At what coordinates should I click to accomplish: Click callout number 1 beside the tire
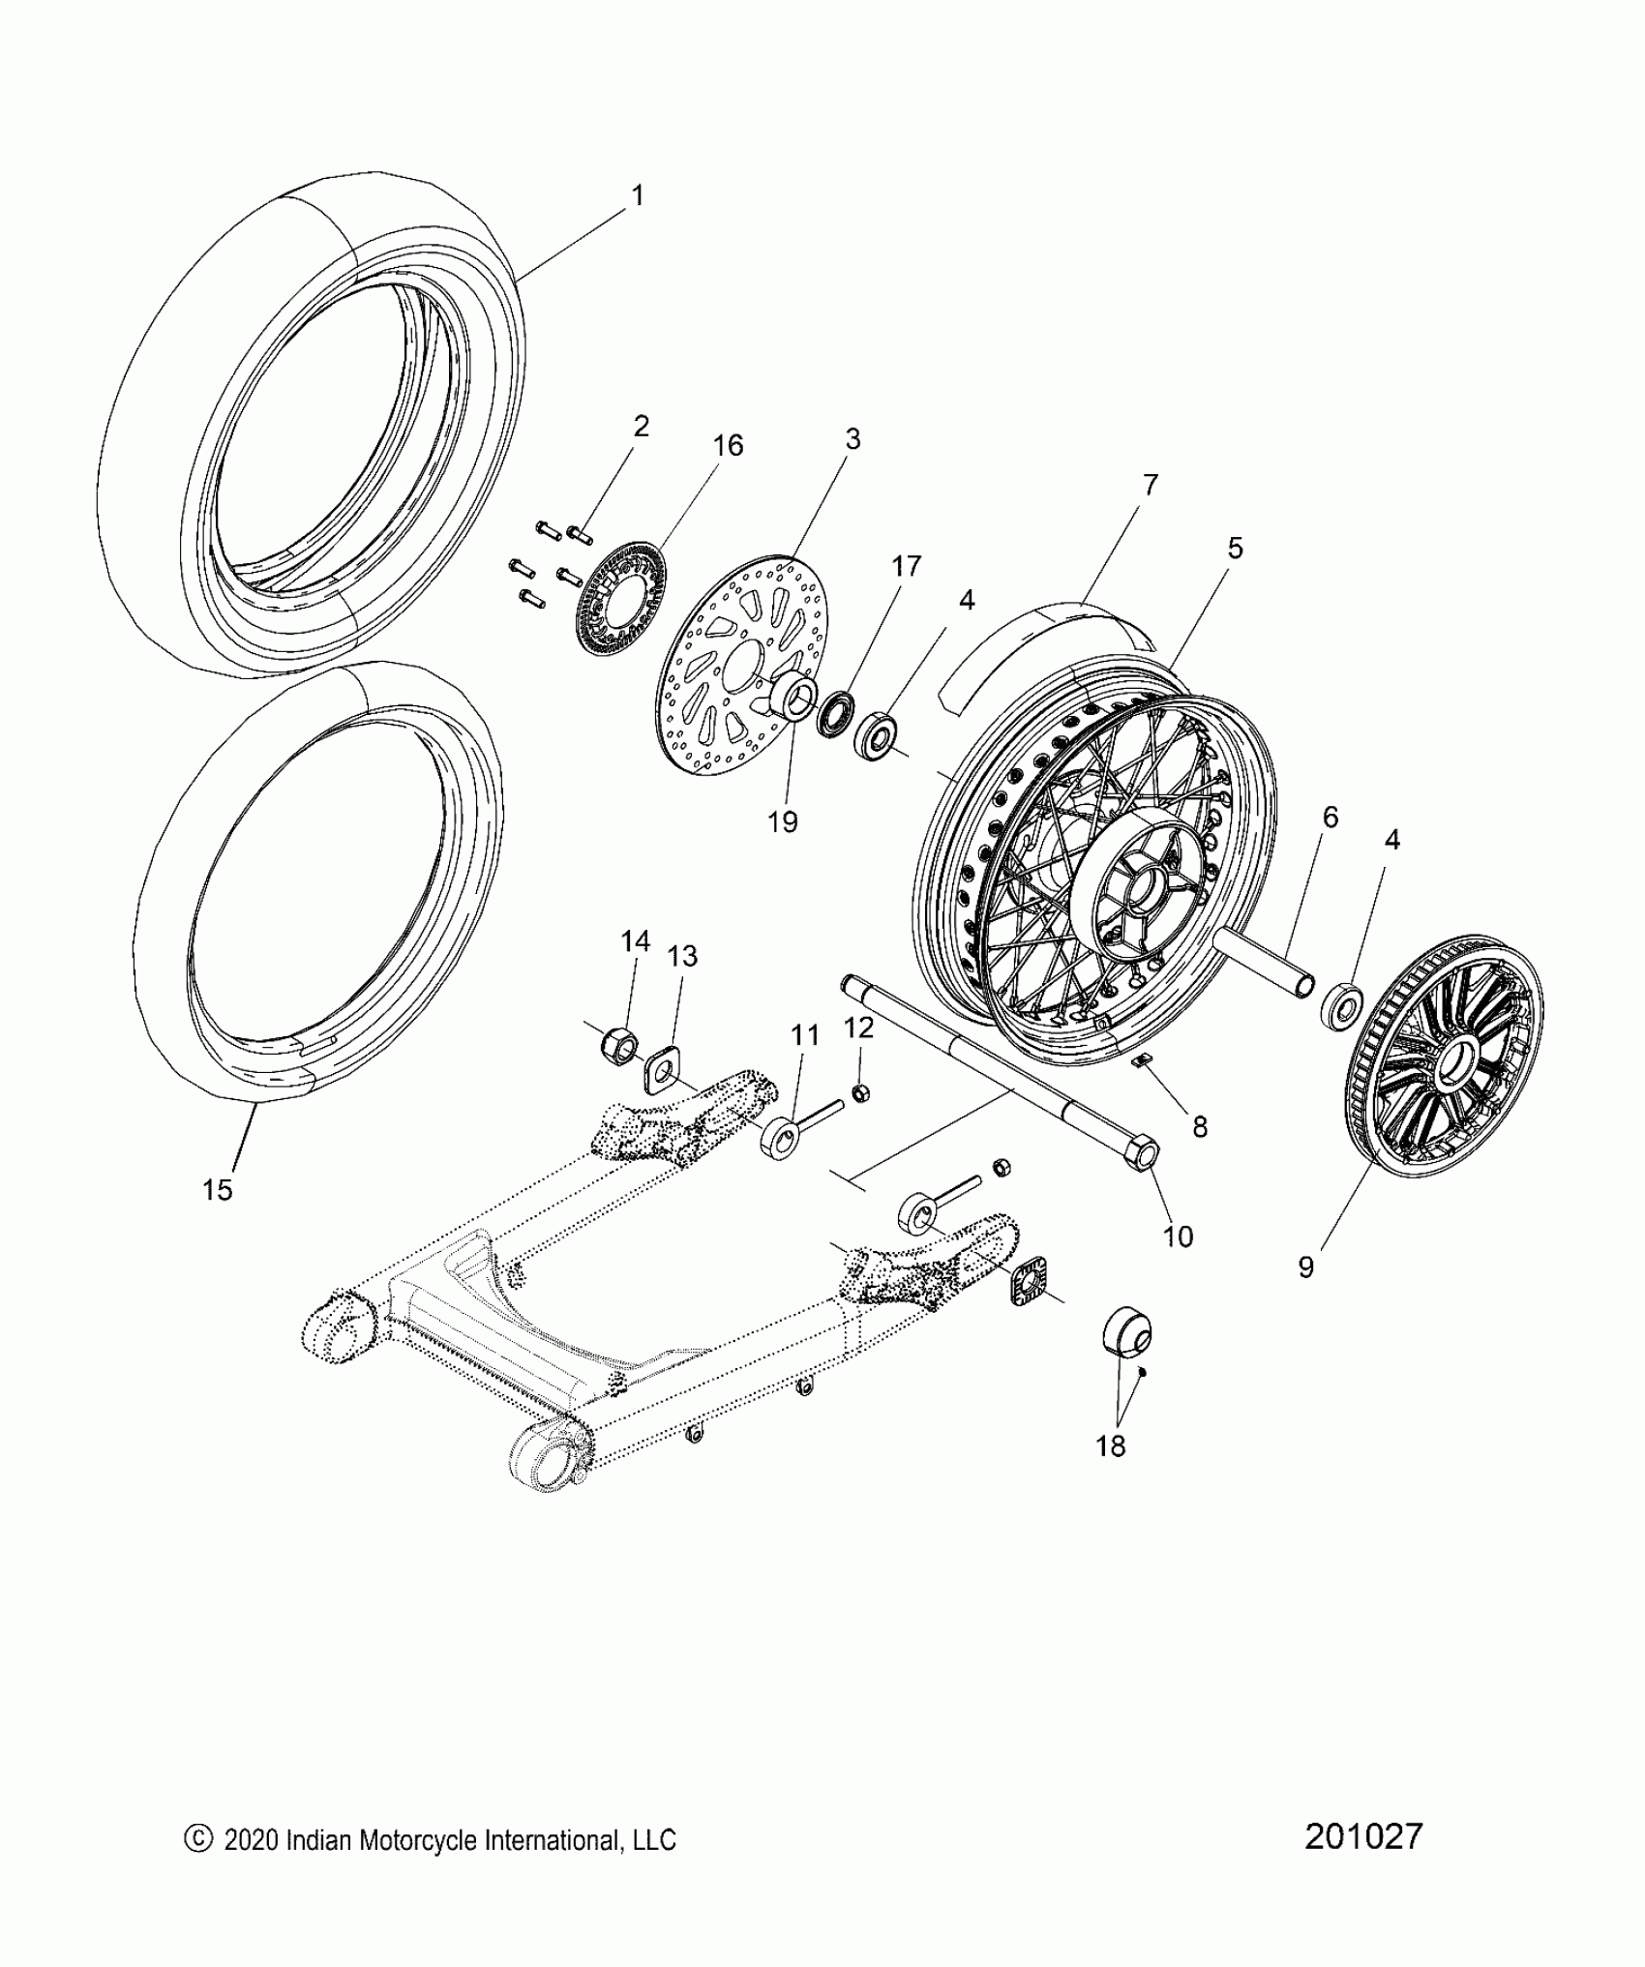pos(637,196)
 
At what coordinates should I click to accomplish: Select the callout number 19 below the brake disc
pos(783,822)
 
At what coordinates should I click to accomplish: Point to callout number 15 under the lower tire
pos(218,1190)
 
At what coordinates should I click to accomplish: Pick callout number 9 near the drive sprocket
pos(1306,1267)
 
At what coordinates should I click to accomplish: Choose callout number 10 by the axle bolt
pos(1178,1237)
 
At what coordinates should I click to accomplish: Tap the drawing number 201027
pos(1363,1836)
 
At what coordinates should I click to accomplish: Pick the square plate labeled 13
pos(660,1069)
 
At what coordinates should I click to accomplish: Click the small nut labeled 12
pos(860,1093)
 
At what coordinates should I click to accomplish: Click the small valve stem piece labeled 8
pos(1141,1061)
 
